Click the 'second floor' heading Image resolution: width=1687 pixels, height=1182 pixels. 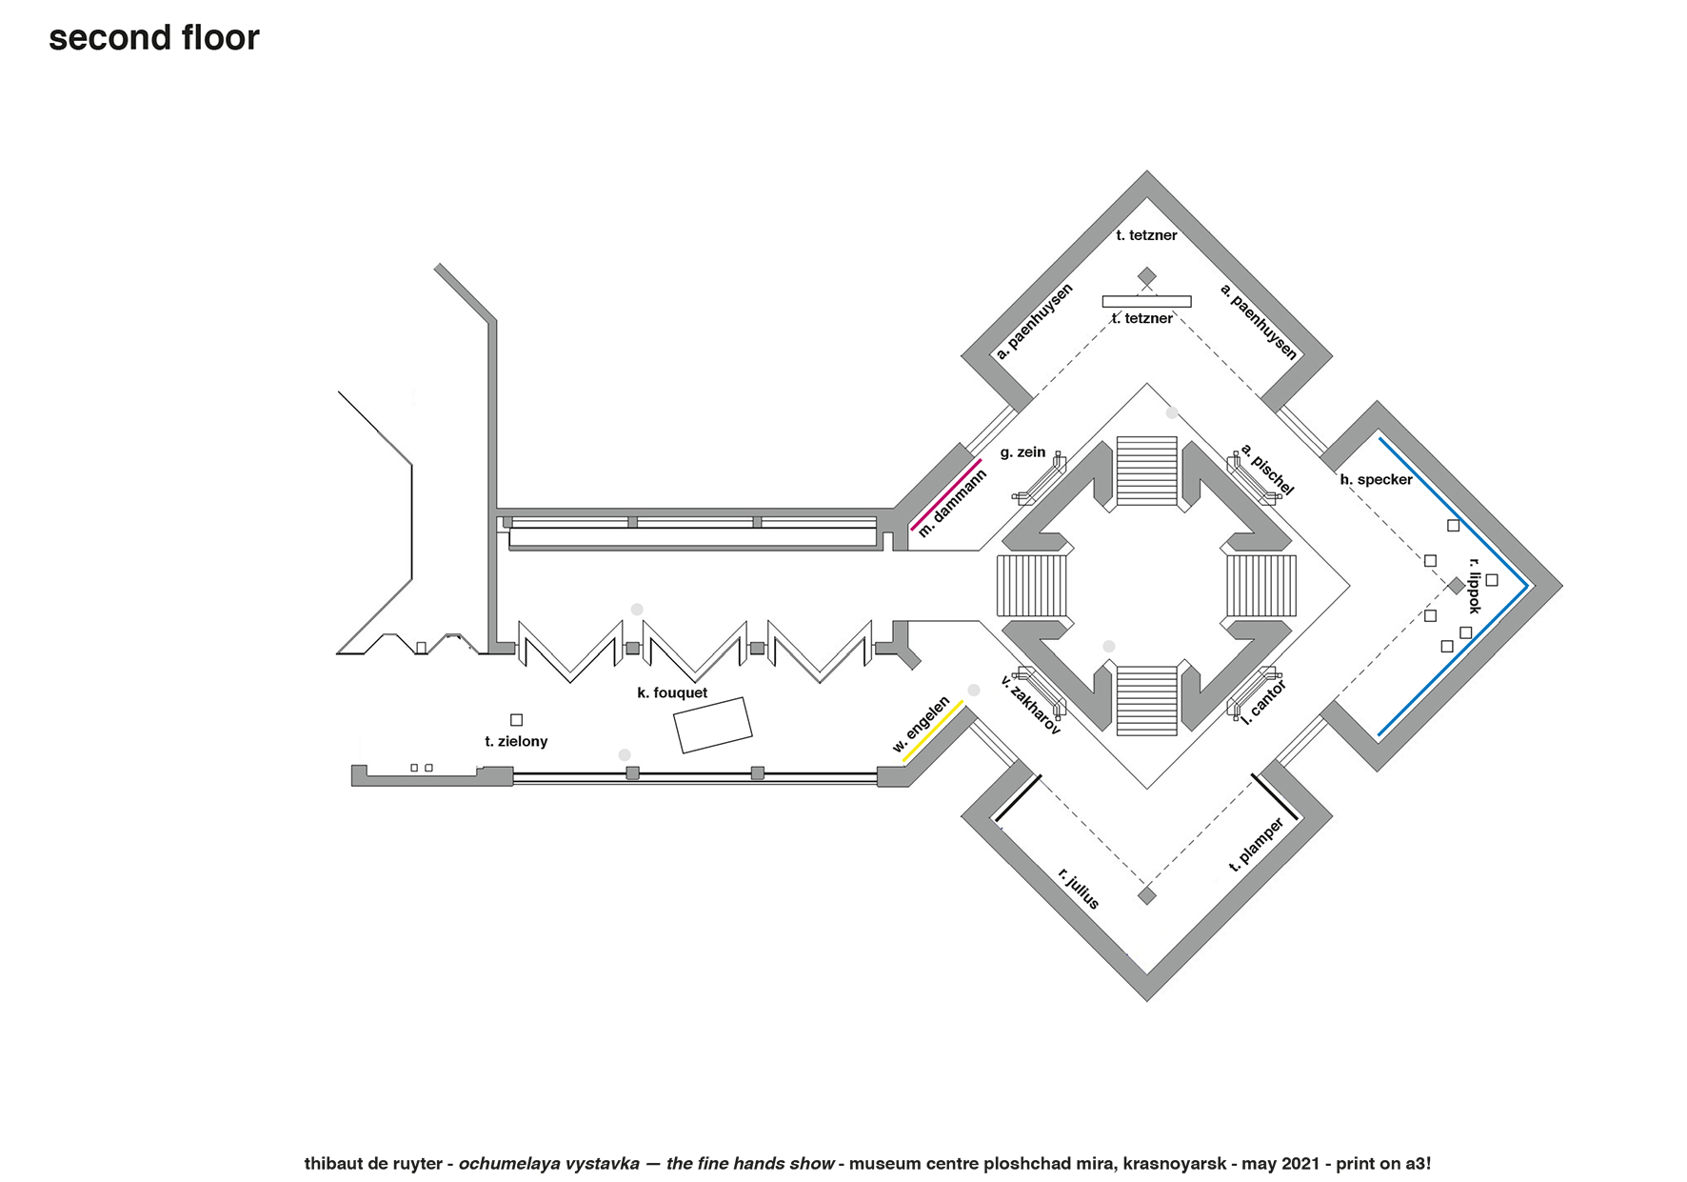click(154, 38)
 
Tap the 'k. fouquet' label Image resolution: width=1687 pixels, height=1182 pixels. click(672, 693)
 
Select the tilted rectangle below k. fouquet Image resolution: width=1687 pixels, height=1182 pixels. click(713, 726)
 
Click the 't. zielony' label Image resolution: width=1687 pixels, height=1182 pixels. click(516, 742)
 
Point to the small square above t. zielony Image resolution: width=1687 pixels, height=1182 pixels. click(516, 720)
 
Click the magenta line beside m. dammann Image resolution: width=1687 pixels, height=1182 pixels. click(945, 494)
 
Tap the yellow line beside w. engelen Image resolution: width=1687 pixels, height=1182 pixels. click(933, 731)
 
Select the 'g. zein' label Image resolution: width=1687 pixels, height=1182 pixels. click(1023, 452)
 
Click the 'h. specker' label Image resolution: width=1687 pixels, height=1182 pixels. click(1377, 480)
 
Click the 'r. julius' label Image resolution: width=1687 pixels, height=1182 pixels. click(1079, 888)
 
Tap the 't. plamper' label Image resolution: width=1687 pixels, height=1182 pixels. click(1257, 844)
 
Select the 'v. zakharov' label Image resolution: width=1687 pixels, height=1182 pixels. click(1030, 705)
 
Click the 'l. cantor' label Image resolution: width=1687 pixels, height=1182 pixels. click(1264, 702)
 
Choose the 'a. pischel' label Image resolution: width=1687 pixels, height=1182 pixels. click(1267, 470)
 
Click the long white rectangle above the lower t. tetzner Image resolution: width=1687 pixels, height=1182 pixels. click(1146, 302)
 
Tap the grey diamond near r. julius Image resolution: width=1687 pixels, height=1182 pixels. click(1147, 895)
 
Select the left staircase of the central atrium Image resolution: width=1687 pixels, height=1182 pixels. click(1032, 586)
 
